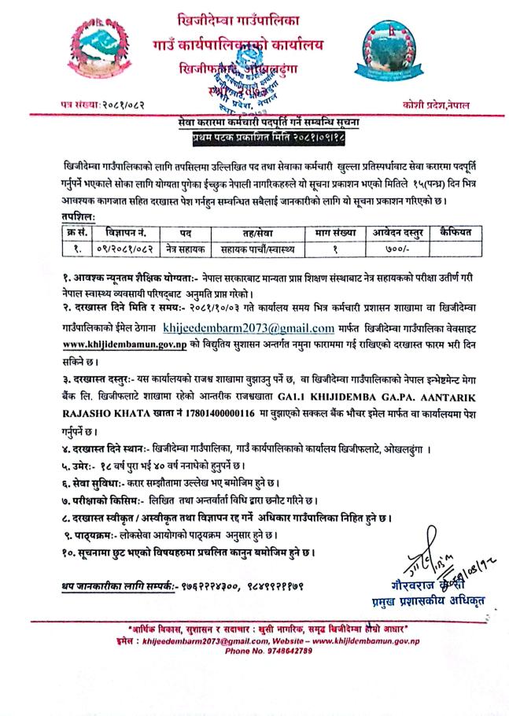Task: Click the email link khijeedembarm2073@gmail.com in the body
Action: tap(249, 325)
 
